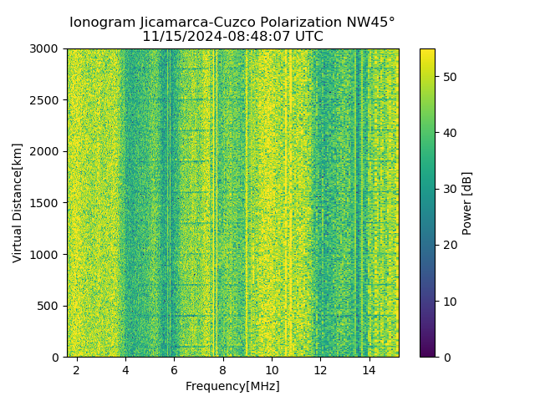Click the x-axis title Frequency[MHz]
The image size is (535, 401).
(x=232, y=386)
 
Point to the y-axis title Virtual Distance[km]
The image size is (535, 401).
(x=17, y=203)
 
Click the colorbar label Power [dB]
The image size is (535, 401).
(x=467, y=203)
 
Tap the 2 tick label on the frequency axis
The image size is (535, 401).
(x=77, y=368)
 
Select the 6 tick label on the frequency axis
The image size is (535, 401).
(x=174, y=368)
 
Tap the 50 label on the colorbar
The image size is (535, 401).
(x=448, y=77)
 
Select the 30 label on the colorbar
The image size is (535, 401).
(x=448, y=189)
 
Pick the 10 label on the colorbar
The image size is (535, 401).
(x=448, y=301)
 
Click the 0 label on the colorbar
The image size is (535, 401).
(x=445, y=357)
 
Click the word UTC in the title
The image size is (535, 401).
(x=309, y=37)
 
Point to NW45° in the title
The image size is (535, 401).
(x=371, y=23)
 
